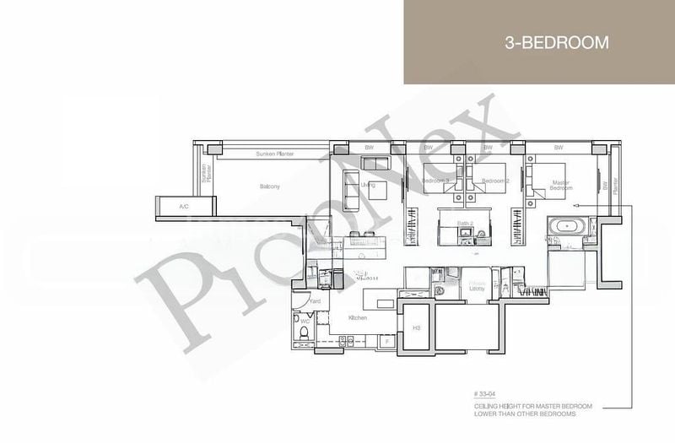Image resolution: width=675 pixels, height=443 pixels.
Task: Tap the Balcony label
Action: click(269, 186)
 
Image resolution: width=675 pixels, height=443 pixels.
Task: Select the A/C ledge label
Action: click(183, 206)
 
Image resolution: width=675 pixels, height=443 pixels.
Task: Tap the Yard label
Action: click(315, 300)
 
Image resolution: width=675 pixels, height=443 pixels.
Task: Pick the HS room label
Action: click(416, 327)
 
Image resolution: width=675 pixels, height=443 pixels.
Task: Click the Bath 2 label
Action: click(463, 224)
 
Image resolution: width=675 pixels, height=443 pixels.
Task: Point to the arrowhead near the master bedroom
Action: click(573, 206)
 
